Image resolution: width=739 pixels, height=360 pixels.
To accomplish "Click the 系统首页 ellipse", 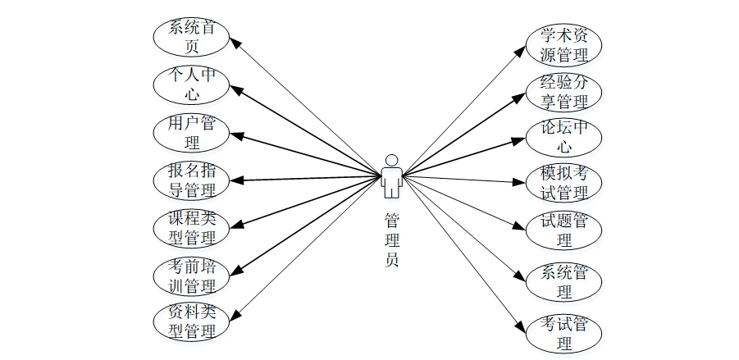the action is pos(191,37).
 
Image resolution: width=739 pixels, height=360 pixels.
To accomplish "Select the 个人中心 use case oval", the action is pos(191,84).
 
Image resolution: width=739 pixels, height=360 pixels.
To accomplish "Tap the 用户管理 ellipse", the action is pos(191,132).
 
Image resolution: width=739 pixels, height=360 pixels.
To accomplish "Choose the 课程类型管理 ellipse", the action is pos(191,228).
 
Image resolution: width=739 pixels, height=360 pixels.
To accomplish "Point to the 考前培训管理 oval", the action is pos(191,276).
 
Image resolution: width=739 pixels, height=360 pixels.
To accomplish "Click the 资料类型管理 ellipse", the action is pos(191,321).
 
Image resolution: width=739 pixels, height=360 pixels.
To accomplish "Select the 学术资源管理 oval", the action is pos(563,45).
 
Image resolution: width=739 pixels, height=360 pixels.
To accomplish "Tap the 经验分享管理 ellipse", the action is pos(563,92).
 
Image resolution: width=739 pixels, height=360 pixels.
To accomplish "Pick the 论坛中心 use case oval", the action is pos(563,137).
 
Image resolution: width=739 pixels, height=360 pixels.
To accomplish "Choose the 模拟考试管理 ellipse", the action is pos(563,184).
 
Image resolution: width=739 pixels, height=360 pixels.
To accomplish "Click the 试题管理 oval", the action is pos(563,230).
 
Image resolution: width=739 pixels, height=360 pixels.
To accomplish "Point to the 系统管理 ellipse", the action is pos(563,280).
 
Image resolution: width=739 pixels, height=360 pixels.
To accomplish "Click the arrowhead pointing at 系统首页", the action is pos(234,40).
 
